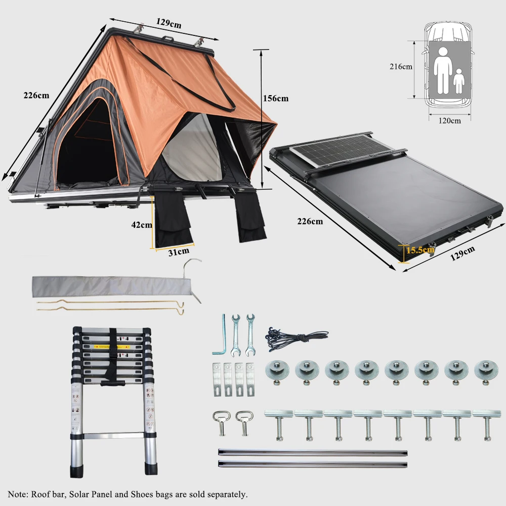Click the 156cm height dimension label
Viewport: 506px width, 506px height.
tap(275, 99)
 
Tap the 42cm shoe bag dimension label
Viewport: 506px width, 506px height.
tap(141, 225)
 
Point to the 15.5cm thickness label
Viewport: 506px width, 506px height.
tap(420, 249)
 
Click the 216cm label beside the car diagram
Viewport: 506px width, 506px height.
tap(401, 66)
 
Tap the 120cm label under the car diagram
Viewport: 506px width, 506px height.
tap(450, 120)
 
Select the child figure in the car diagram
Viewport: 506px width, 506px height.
tap(458, 81)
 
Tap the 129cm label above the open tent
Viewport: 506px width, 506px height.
tap(169, 23)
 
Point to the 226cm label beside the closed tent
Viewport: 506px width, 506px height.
tap(310, 221)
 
